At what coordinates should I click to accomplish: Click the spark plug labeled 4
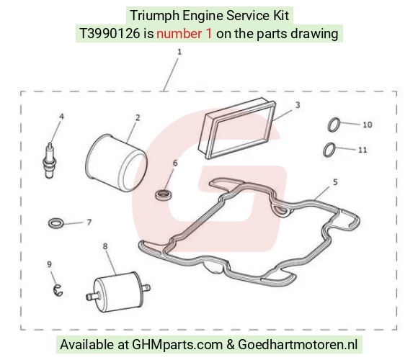pyautogui.click(x=49, y=161)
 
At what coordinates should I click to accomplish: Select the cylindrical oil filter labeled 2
pyautogui.click(x=117, y=163)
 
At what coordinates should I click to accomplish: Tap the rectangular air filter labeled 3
pyautogui.click(x=236, y=129)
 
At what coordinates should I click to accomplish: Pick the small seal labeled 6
pyautogui.click(x=164, y=195)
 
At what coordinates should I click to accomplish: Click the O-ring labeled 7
pyautogui.click(x=56, y=223)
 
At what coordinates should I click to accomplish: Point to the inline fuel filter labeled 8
pyautogui.click(x=117, y=292)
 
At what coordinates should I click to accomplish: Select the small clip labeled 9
pyautogui.click(x=58, y=290)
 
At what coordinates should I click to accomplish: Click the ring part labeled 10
pyautogui.click(x=334, y=125)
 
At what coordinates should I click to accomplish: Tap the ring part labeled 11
pyautogui.click(x=329, y=150)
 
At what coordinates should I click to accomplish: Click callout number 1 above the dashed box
pyautogui.click(x=179, y=52)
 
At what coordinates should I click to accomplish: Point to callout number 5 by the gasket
pyautogui.click(x=335, y=182)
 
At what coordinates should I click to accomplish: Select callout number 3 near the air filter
pyautogui.click(x=298, y=105)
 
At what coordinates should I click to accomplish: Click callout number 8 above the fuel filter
pyautogui.click(x=105, y=246)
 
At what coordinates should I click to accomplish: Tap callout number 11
pyautogui.click(x=363, y=150)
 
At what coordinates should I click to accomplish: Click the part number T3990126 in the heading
pyautogui.click(x=110, y=34)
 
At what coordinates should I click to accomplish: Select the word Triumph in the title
pyautogui.click(x=155, y=16)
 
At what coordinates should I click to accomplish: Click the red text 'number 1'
pyautogui.click(x=184, y=34)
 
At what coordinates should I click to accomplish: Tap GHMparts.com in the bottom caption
pyautogui.click(x=177, y=345)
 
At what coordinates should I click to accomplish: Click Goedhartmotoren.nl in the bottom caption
pyautogui.click(x=298, y=345)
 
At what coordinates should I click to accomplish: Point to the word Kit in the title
pyautogui.click(x=280, y=15)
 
